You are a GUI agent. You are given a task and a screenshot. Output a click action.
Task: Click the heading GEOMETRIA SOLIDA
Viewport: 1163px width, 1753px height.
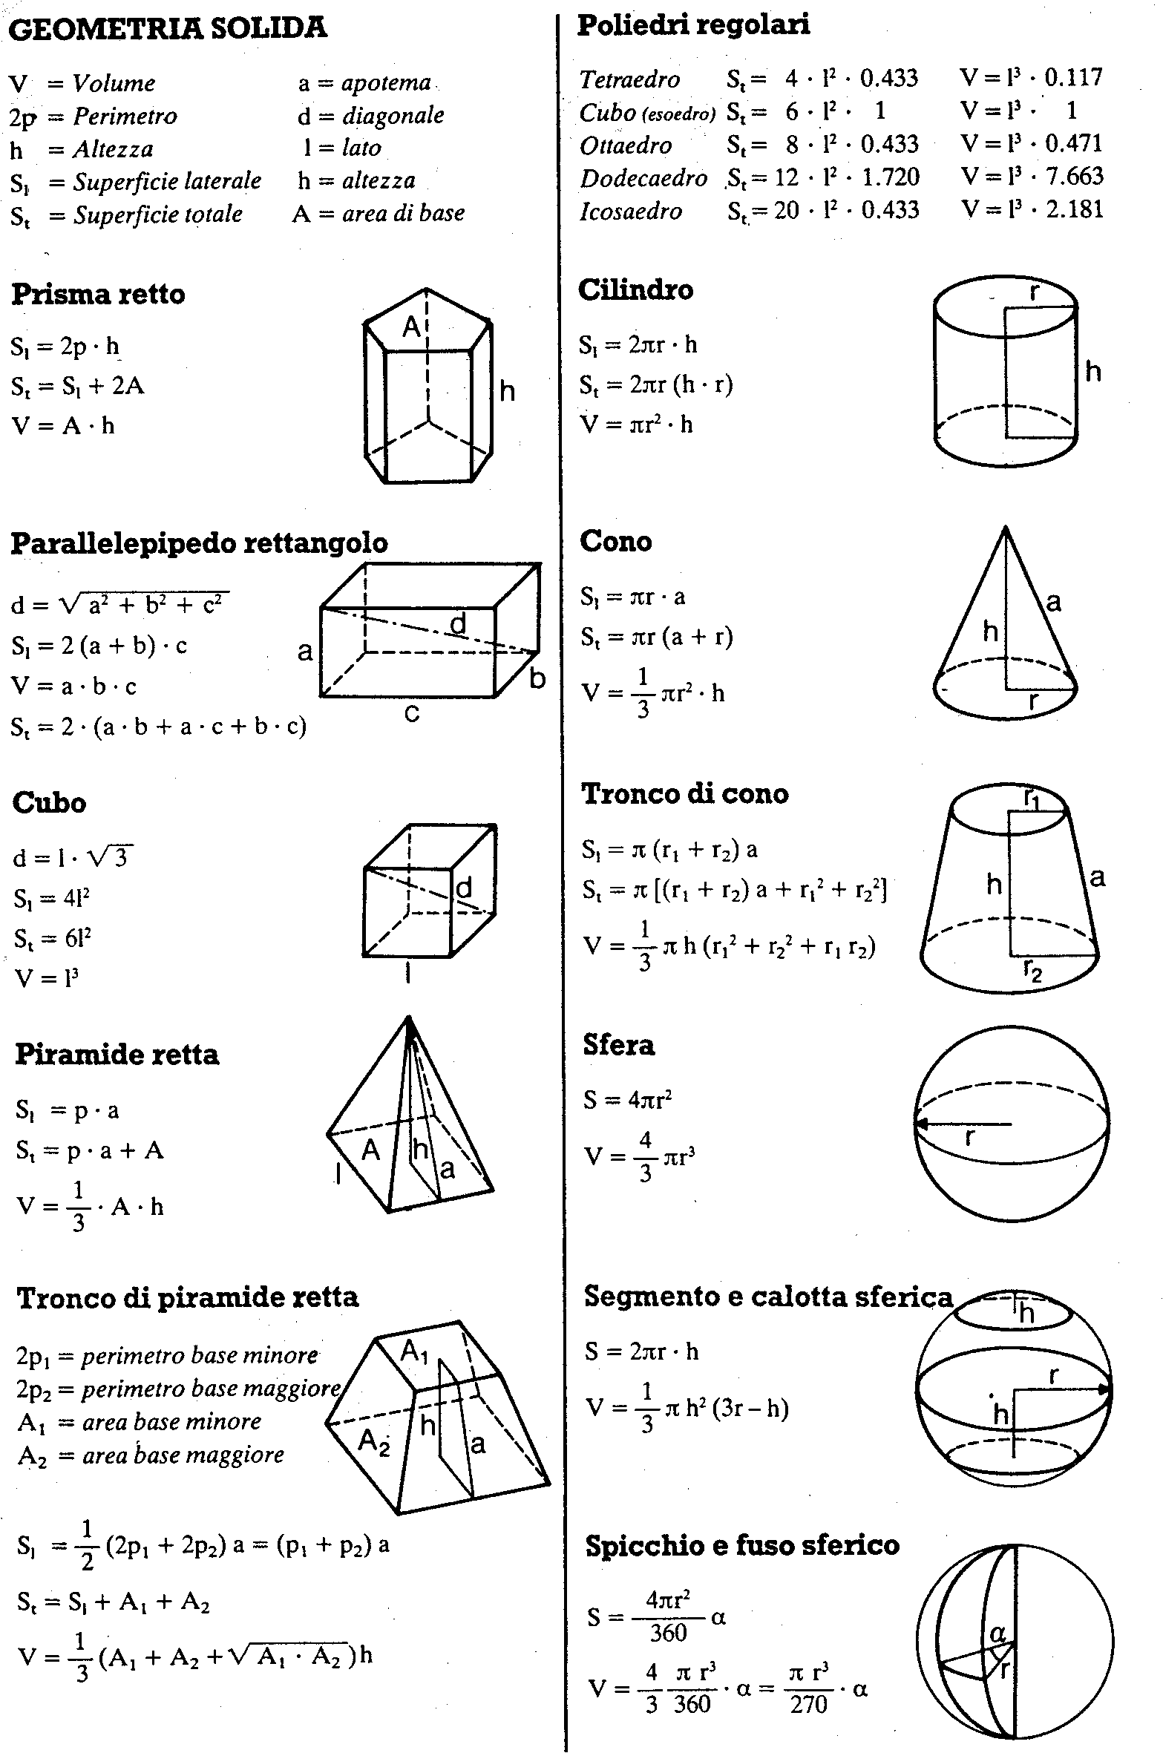pyautogui.click(x=168, y=28)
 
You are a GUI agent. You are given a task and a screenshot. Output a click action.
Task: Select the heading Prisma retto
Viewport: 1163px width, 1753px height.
pyautogui.click(x=99, y=294)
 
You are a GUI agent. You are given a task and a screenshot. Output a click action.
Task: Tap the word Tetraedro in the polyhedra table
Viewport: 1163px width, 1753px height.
pyautogui.click(x=629, y=79)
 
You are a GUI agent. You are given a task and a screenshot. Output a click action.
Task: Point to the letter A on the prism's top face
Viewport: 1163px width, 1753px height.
pyautogui.click(x=411, y=326)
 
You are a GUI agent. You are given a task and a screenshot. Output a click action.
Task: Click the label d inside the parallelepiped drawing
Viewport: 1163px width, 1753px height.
pyautogui.click(x=459, y=624)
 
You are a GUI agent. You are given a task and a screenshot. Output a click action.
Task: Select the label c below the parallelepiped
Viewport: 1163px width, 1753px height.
pyautogui.click(x=412, y=712)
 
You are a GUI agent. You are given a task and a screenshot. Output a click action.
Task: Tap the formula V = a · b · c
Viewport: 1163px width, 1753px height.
pyautogui.click(x=74, y=686)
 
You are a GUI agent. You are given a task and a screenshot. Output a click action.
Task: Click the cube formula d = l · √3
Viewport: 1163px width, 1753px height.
pyautogui.click(x=73, y=858)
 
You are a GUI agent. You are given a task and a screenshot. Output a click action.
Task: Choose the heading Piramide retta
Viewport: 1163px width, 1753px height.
pyautogui.click(x=117, y=1055)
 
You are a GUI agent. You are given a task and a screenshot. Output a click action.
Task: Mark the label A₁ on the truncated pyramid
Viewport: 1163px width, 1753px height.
pyautogui.click(x=414, y=1351)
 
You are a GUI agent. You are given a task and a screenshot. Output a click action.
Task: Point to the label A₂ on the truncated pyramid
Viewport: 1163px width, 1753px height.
pyautogui.click(x=373, y=1441)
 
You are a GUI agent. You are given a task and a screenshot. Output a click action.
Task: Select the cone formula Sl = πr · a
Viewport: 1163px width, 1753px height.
pyautogui.click(x=633, y=597)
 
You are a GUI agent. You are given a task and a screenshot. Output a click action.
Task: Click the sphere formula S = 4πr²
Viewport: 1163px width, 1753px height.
pyautogui.click(x=628, y=1099)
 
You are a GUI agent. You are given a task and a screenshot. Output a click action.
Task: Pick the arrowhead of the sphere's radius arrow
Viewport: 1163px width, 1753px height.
pyautogui.click(x=921, y=1124)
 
